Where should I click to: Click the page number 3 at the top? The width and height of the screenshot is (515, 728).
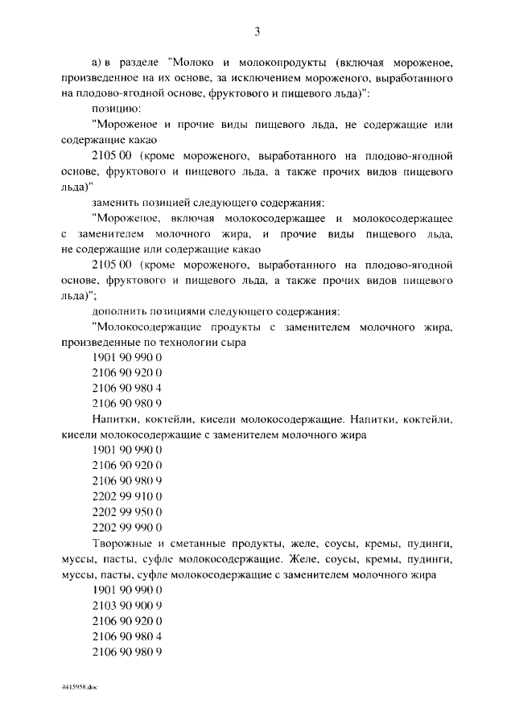click(x=257, y=31)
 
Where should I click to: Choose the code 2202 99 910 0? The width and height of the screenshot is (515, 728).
click(x=128, y=496)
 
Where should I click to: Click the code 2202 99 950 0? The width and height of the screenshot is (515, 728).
click(x=128, y=512)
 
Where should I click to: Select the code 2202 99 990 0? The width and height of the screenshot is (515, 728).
click(x=128, y=528)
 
